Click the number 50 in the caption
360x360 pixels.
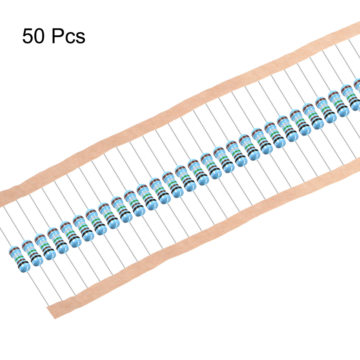click(33, 36)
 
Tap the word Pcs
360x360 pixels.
click(68, 36)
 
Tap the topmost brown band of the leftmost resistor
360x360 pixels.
click(14, 249)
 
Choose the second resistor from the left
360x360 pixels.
click(32, 253)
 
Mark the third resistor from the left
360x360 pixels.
click(45, 247)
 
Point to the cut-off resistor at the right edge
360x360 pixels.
click(356, 94)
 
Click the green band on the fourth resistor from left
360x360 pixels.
click(58, 240)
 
